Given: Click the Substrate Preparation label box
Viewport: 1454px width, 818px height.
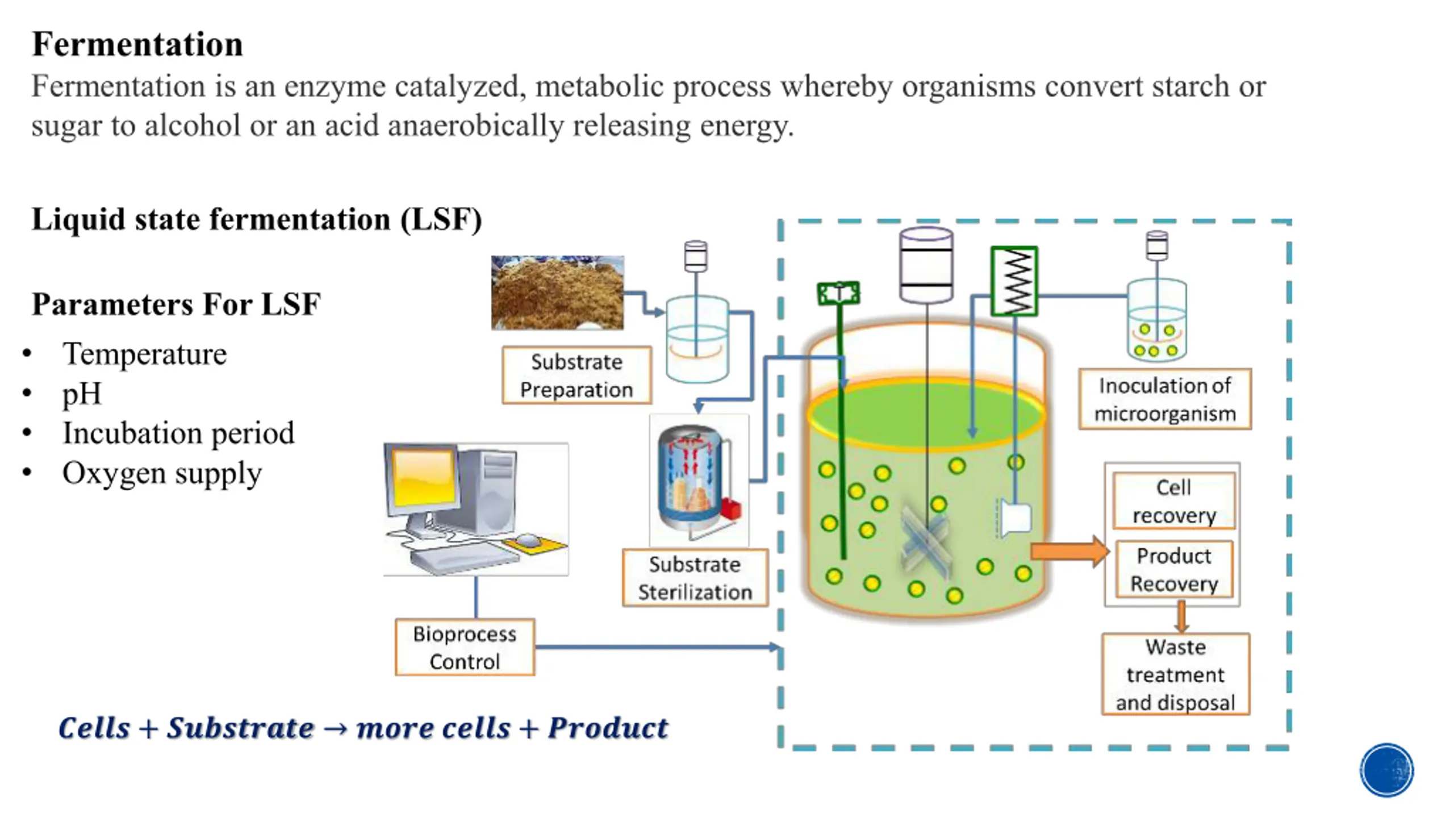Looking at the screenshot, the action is tap(576, 375).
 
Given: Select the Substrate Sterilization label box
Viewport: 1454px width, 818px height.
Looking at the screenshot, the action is tap(695, 578).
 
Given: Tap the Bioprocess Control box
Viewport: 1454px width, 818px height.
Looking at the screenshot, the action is tap(465, 647).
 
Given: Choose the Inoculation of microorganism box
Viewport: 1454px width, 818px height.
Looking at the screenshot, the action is tap(1165, 399).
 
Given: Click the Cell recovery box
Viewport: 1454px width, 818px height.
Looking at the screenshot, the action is tap(1174, 501).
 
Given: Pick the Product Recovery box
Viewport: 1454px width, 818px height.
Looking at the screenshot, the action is tap(1174, 569).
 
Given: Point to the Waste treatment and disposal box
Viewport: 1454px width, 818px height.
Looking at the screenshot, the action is tap(1176, 674).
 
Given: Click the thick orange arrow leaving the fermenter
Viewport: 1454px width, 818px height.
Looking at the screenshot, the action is tap(1070, 551).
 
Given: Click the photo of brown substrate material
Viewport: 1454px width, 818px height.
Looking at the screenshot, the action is tap(557, 293).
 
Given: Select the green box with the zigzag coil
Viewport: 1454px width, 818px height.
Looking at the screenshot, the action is tap(1014, 281).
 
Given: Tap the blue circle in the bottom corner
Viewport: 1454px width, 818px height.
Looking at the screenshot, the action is tap(1386, 770).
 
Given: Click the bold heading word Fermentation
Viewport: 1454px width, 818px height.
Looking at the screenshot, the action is tap(137, 44).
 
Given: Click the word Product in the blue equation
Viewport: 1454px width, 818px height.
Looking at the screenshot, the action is tap(608, 728).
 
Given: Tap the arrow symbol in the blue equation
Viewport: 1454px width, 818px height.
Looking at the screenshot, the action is tap(336, 729).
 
